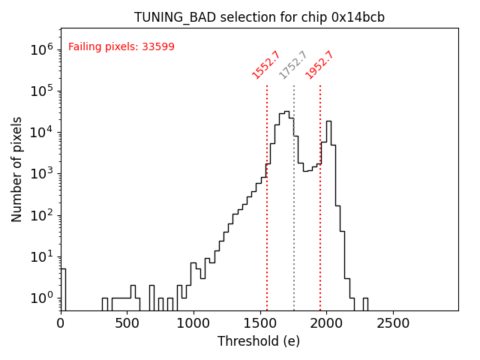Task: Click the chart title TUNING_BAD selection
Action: tap(259, 17)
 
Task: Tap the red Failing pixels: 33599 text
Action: tap(121, 46)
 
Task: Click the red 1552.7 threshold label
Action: tap(266, 64)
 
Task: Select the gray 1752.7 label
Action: tap(293, 64)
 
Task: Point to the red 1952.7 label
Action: tap(319, 64)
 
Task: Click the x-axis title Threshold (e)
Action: tap(259, 341)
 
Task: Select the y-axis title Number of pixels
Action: tap(17, 169)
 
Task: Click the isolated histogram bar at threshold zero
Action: tap(63, 289)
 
